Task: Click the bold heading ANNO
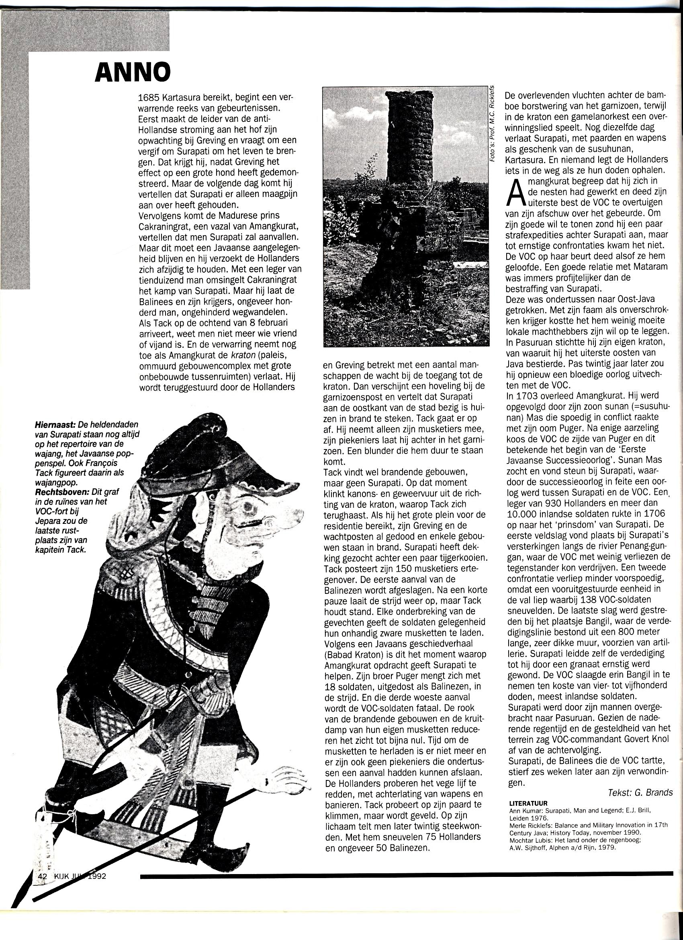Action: [133, 73]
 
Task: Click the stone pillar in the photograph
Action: [405, 174]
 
